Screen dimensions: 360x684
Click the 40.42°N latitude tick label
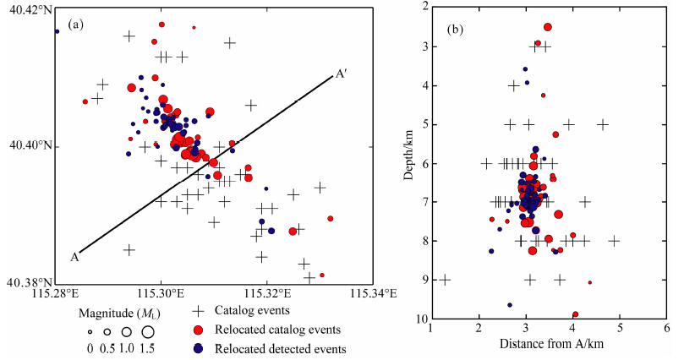26,9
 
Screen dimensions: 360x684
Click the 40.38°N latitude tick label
26,282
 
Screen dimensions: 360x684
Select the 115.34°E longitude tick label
373,293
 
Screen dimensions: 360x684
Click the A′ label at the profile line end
340,74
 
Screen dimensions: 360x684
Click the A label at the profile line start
75,257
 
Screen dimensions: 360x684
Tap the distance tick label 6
667,328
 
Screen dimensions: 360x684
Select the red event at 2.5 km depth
547,27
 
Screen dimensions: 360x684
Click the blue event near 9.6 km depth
509,305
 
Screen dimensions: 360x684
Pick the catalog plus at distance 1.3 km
446,280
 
